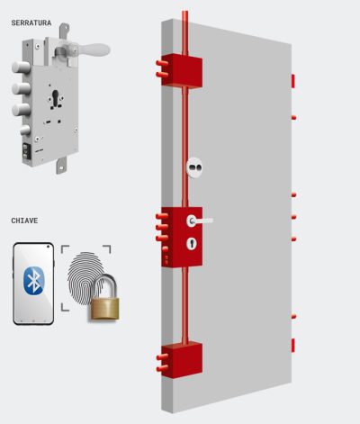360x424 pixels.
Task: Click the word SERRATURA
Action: pyautogui.click(x=31, y=23)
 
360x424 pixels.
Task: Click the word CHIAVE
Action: pyautogui.click(x=24, y=221)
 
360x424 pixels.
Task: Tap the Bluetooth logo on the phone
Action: pyautogui.click(x=33, y=280)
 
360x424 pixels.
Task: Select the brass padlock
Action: pyautogui.click(x=103, y=297)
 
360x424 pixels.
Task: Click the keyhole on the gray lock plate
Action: pyautogui.click(x=56, y=98)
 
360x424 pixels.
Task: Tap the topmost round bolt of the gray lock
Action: pyautogui.click(x=21, y=68)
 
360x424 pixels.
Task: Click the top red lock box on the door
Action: pyautogui.click(x=182, y=71)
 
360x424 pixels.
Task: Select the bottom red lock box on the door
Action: pyautogui.click(x=182, y=359)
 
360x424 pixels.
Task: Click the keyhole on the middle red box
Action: pyautogui.click(x=192, y=243)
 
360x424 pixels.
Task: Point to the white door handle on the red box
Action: pyautogui.click(x=199, y=221)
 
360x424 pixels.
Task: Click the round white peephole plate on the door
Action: pyautogui.click(x=194, y=167)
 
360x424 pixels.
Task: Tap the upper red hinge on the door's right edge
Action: pyautogui.click(x=293, y=81)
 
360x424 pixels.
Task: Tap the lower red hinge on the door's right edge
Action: pyautogui.click(x=293, y=345)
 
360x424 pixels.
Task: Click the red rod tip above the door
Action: pyautogui.click(x=185, y=13)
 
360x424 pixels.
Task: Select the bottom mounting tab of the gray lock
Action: pyautogui.click(x=61, y=166)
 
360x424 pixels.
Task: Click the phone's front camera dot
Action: pyautogui.click(x=48, y=247)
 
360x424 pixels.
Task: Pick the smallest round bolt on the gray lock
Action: pyautogui.click(x=25, y=131)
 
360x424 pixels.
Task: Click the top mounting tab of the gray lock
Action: pyautogui.click(x=64, y=31)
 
